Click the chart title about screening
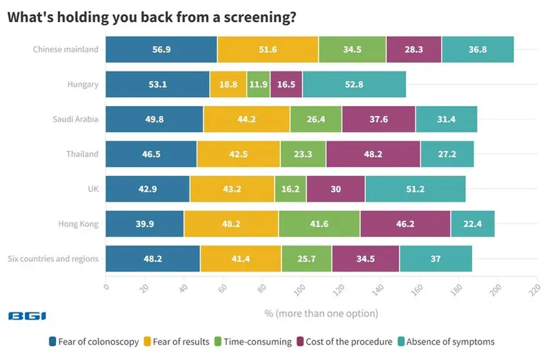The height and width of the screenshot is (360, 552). click(x=151, y=18)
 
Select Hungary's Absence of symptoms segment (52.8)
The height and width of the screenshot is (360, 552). click(x=354, y=85)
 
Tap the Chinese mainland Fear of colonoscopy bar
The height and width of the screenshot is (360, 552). click(x=161, y=50)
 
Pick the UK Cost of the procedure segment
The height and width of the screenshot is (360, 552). click(x=335, y=190)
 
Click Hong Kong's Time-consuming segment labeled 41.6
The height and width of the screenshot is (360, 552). click(x=319, y=224)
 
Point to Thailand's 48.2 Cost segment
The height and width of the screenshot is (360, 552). click(x=372, y=154)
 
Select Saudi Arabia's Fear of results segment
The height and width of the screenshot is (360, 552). click(x=246, y=120)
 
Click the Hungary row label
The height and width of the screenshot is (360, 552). click(x=83, y=85)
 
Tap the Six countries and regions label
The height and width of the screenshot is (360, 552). click(x=53, y=259)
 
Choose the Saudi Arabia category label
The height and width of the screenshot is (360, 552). click(x=76, y=120)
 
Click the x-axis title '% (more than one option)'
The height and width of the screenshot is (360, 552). click(x=321, y=313)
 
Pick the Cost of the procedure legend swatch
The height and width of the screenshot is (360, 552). click(x=301, y=342)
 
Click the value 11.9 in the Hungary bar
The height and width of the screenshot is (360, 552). click(x=258, y=85)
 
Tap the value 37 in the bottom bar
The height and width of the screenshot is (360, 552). click(x=435, y=259)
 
